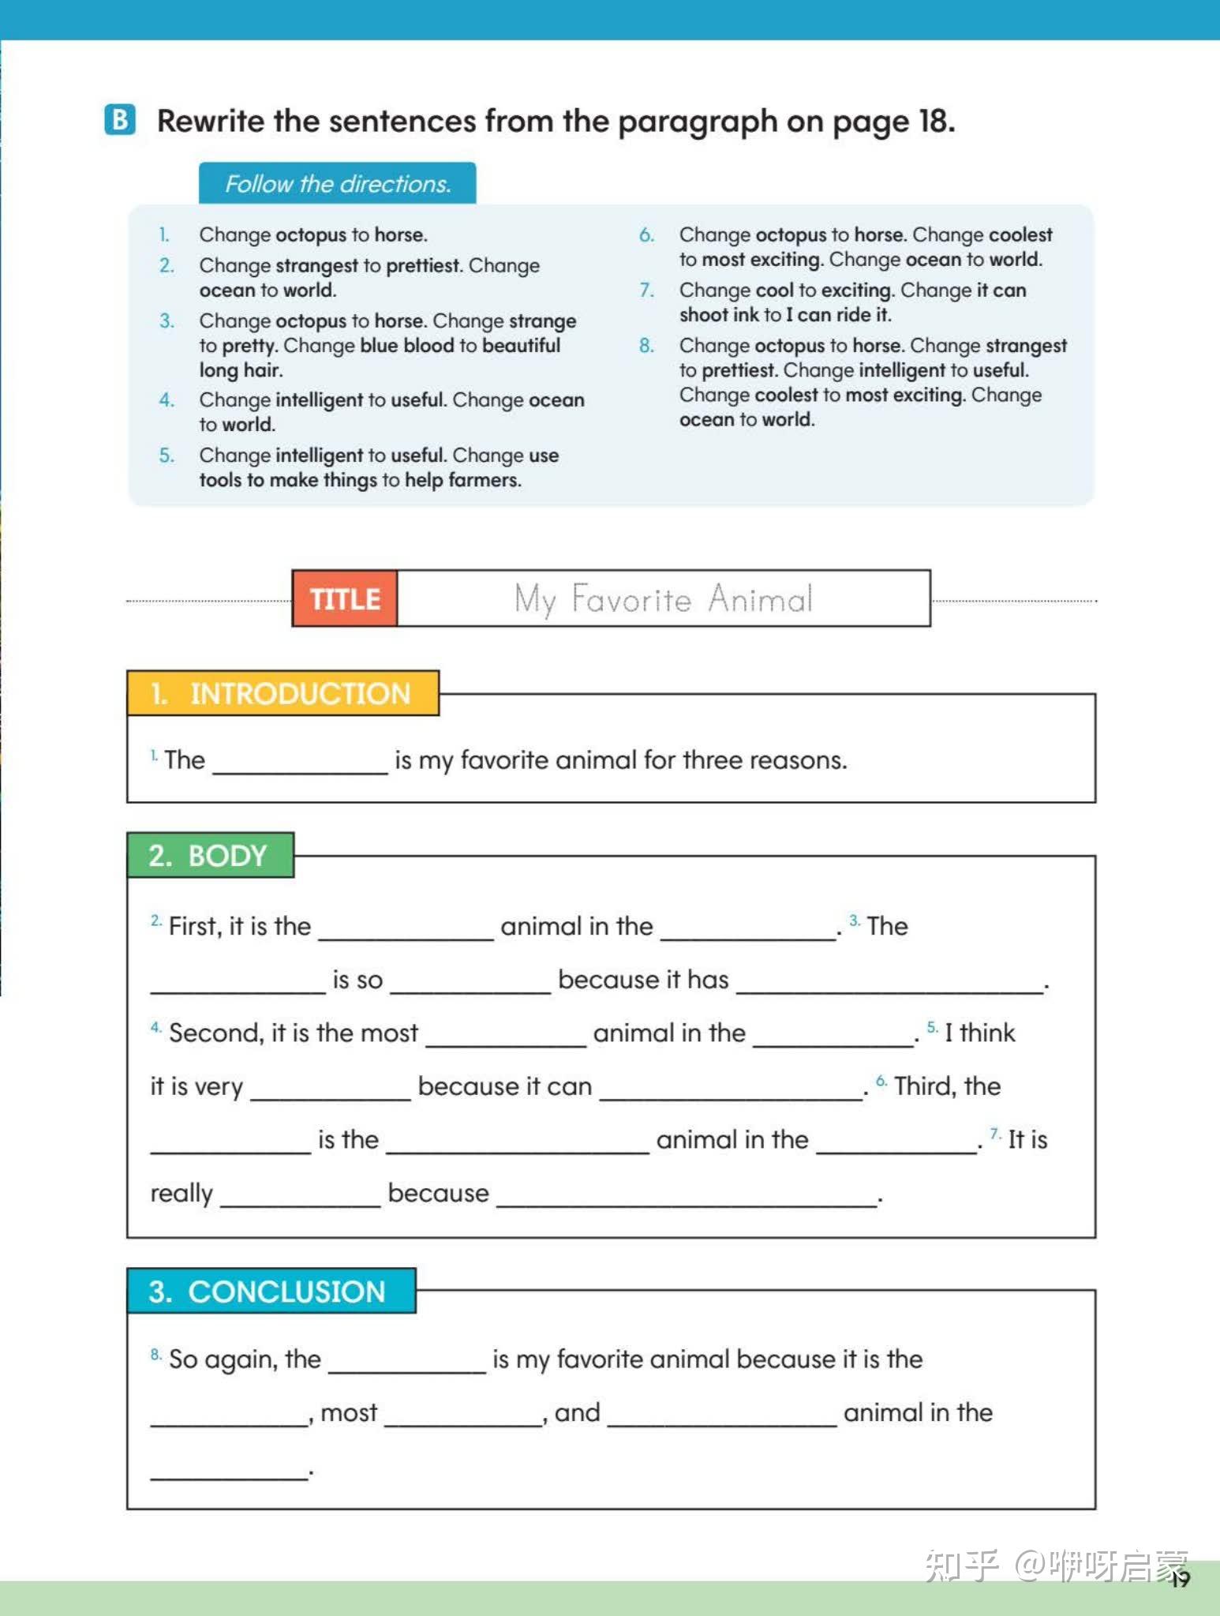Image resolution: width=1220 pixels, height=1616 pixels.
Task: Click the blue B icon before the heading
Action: click(120, 120)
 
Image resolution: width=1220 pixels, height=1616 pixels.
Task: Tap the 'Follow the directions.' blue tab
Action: click(337, 183)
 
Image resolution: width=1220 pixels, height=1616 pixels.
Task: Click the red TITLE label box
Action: click(345, 598)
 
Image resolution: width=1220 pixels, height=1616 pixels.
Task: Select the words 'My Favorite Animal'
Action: click(663, 598)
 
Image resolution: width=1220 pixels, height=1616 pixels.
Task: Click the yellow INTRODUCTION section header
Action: click(283, 693)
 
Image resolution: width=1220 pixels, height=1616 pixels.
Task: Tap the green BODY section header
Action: click(210, 855)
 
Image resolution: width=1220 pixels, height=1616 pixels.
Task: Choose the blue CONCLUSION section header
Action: click(271, 1292)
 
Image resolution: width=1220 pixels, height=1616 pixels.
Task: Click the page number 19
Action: click(1180, 1579)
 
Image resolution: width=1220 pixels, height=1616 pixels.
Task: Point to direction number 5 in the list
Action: click(166, 455)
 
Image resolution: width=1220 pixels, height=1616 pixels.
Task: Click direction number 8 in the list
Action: click(646, 345)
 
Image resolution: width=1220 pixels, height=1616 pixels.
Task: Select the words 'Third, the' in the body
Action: click(947, 1086)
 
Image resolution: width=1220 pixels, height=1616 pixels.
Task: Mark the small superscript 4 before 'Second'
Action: click(155, 1027)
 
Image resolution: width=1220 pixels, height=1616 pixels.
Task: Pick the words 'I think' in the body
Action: click(979, 1033)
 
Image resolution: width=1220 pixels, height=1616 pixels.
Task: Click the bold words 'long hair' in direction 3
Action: click(241, 370)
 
